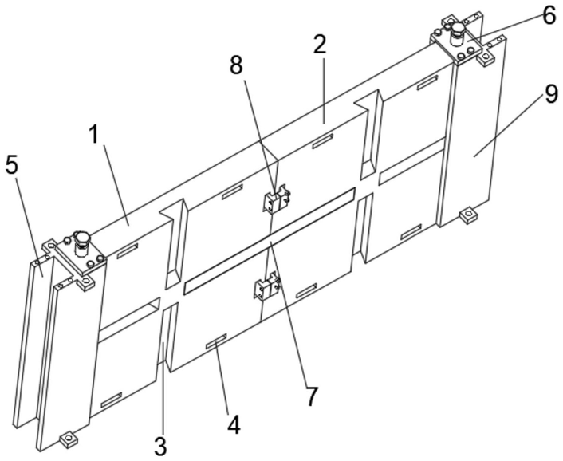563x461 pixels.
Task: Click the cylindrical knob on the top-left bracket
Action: click(81, 238)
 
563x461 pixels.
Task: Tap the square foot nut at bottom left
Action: click(67, 438)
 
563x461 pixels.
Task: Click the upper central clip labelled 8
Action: click(274, 199)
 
